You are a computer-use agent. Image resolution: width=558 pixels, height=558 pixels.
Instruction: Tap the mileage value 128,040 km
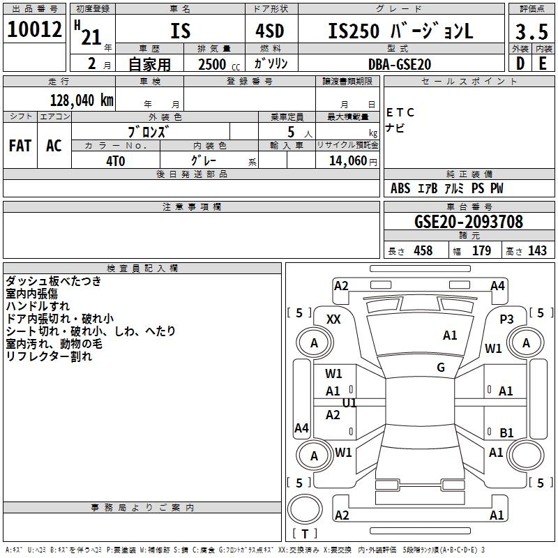[82, 100]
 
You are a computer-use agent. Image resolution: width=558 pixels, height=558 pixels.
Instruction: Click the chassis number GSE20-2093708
[468, 222]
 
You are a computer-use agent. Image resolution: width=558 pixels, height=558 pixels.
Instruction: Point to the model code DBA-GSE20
[400, 64]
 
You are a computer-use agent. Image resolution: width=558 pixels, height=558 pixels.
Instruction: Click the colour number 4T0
[116, 160]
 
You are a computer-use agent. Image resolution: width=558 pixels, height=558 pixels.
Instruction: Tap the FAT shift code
[20, 146]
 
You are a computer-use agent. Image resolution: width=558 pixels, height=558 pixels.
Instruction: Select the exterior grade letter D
[519, 63]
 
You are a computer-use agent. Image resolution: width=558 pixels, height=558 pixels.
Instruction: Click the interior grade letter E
[542, 63]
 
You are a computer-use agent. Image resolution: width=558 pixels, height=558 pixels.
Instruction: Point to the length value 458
[423, 251]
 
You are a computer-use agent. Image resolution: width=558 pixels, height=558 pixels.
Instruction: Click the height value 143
[537, 251]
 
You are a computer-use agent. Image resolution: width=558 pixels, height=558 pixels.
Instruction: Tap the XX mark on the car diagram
[333, 319]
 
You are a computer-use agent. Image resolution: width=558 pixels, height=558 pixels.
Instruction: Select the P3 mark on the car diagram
[507, 319]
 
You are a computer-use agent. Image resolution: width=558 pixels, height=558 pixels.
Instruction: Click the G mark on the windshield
[441, 368]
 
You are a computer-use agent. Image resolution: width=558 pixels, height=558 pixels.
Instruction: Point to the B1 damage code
[507, 432]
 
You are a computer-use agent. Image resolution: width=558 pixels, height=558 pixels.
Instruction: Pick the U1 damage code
[349, 403]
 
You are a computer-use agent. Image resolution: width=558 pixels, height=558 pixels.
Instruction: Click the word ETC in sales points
[400, 112]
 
